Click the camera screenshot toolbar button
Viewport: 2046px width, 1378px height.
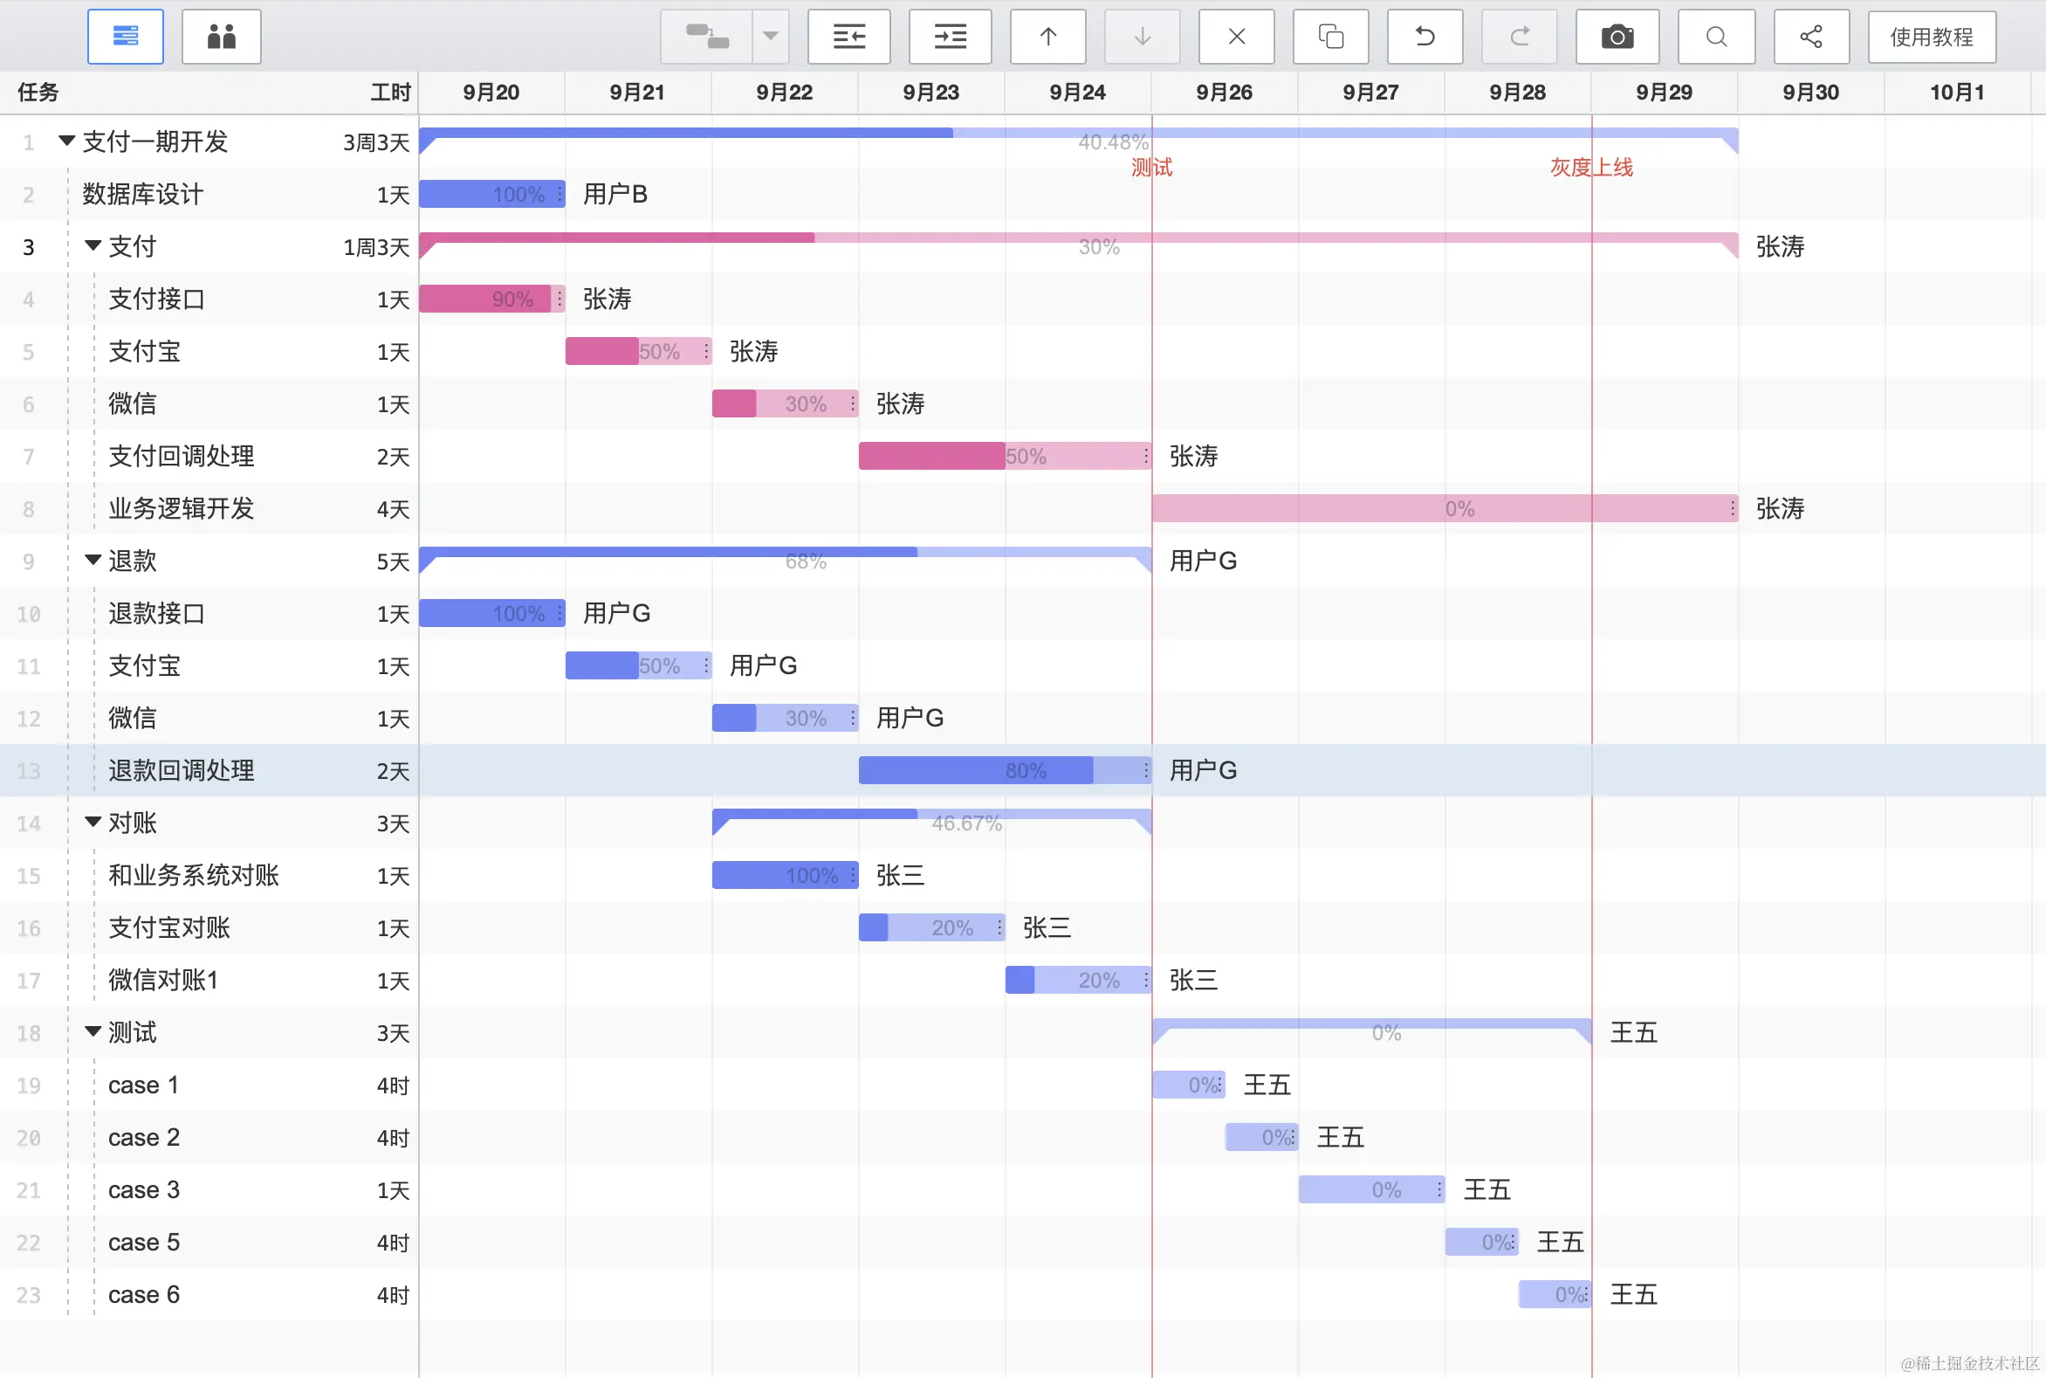(x=1617, y=37)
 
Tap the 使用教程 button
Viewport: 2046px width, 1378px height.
(x=1931, y=37)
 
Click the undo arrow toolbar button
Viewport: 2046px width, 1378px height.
(x=1424, y=37)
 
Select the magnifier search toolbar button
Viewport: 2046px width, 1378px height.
(x=1716, y=37)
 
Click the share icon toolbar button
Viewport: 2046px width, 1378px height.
(x=1810, y=37)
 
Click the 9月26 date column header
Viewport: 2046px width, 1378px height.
(x=1224, y=93)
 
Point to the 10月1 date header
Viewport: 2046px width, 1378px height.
(x=1956, y=93)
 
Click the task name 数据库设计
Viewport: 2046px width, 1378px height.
(x=142, y=194)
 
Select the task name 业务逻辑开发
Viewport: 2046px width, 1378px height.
(x=181, y=509)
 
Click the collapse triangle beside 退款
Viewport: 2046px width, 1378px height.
(x=93, y=560)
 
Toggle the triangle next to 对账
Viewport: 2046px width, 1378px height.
(x=93, y=822)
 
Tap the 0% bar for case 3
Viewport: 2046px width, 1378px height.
(x=1370, y=1190)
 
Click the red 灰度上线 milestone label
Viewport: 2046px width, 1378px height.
(x=1590, y=167)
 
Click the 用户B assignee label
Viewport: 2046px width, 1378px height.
(x=615, y=194)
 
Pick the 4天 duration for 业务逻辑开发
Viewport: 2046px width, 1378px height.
(x=393, y=510)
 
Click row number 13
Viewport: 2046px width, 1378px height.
(x=29, y=772)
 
